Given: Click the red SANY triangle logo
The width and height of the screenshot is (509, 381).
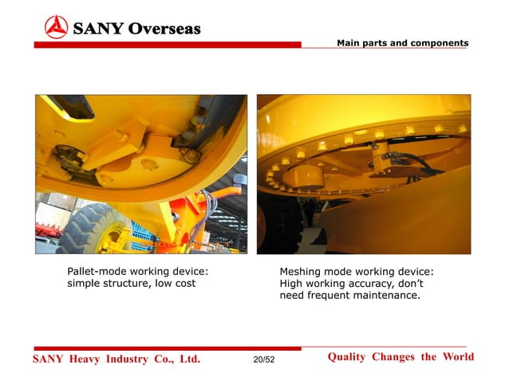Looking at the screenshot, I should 56,27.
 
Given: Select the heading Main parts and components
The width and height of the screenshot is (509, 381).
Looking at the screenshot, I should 402,43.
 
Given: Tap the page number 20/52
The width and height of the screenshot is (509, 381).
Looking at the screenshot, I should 263,361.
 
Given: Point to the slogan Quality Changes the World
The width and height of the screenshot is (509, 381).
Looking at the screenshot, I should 400,357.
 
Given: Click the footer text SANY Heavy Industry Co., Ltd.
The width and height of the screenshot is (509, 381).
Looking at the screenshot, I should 116,359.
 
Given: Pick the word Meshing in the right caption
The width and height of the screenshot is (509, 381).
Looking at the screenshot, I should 302,272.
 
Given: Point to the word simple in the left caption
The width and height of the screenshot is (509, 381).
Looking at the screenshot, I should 85,284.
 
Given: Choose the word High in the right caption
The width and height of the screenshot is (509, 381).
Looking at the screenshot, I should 292,284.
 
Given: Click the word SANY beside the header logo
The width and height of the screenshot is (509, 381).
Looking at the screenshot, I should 96,29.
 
